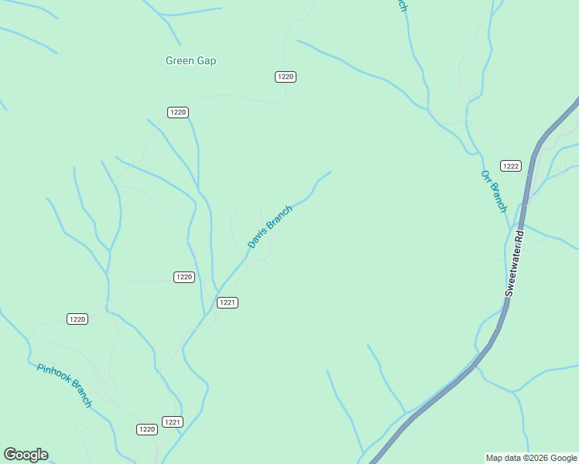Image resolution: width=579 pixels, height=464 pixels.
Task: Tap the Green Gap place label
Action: click(190, 60)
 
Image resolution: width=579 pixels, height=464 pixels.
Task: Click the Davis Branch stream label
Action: click(270, 227)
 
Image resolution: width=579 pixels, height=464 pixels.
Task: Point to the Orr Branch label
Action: click(494, 191)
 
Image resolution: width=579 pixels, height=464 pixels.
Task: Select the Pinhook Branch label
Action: click(64, 385)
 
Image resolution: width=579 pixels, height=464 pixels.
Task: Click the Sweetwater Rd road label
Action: click(515, 262)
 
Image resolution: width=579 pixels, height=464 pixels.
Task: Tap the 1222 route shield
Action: click(510, 165)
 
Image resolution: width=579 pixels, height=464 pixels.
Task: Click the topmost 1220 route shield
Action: click(286, 77)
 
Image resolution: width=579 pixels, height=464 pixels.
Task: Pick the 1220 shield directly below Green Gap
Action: click(178, 112)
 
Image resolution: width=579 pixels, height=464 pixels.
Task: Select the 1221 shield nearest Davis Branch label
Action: click(227, 302)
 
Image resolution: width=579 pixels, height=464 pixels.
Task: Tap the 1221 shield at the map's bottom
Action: click(173, 421)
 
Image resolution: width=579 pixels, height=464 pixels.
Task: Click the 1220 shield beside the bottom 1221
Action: click(147, 429)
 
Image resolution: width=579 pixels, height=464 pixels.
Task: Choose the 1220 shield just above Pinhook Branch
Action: click(77, 319)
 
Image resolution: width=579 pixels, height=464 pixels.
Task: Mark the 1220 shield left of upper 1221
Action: click(183, 277)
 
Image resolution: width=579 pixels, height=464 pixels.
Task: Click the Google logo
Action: click(26, 455)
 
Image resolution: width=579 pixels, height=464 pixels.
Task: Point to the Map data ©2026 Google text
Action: click(532, 458)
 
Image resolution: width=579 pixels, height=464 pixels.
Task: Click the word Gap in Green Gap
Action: click(207, 60)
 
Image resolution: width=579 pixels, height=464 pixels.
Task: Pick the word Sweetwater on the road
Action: click(512, 271)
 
